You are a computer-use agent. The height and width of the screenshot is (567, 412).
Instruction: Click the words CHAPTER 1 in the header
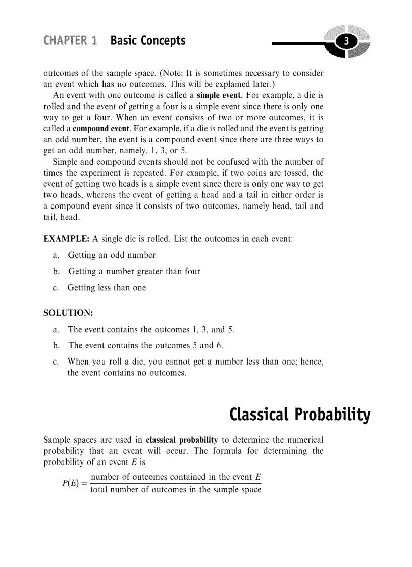coord(70,41)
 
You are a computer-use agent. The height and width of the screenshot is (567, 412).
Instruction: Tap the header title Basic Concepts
coord(147,41)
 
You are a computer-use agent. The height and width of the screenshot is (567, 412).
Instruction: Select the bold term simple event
coord(219,95)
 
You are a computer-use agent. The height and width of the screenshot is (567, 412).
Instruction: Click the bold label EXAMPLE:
coord(67,239)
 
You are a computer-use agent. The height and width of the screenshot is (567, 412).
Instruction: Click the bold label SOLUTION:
coord(68,313)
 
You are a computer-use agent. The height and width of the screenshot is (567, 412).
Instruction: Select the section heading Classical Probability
coord(299,415)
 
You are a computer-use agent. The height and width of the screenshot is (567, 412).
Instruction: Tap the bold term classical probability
coord(182,440)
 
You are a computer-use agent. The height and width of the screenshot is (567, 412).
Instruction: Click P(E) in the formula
coord(71,483)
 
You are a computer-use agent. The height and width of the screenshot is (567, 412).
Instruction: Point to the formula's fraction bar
coord(175,483)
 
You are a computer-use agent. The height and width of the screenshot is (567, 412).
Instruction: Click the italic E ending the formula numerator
coord(258,477)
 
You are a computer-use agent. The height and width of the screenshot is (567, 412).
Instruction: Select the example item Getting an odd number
coord(112,255)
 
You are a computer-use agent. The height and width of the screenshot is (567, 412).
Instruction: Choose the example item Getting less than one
coord(107,288)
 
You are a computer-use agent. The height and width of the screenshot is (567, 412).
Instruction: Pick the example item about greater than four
coord(134,272)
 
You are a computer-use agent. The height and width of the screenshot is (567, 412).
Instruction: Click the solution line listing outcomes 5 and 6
coord(145,346)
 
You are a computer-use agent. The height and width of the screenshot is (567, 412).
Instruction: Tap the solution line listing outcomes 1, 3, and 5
coord(151,330)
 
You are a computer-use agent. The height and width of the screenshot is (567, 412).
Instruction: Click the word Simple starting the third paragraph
coord(66,162)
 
